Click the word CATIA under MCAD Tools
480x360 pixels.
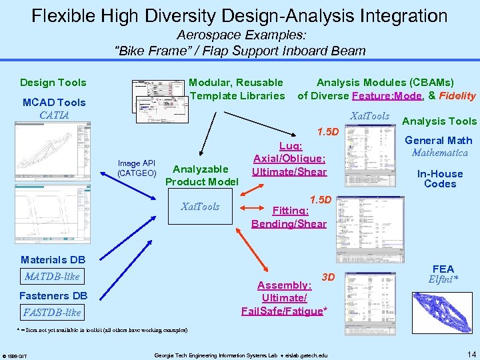click(54, 115)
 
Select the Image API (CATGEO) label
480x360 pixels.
click(136, 168)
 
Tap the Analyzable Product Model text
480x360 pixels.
click(201, 175)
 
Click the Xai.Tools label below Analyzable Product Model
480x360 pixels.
click(201, 207)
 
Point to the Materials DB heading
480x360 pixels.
click(53, 259)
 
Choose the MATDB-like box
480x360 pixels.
click(52, 276)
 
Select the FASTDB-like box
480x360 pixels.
click(52, 312)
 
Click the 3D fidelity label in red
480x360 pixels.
click(328, 276)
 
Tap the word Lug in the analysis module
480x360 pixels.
click(290, 146)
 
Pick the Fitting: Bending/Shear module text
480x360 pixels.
click(289, 217)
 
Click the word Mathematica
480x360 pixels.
click(439, 153)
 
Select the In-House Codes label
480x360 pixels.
click(440, 179)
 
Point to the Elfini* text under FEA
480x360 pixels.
click(443, 279)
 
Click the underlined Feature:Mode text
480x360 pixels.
click(388, 96)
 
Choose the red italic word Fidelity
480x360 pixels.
click(457, 96)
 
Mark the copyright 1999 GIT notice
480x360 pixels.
click(15, 354)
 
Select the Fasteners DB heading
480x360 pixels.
click(53, 295)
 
